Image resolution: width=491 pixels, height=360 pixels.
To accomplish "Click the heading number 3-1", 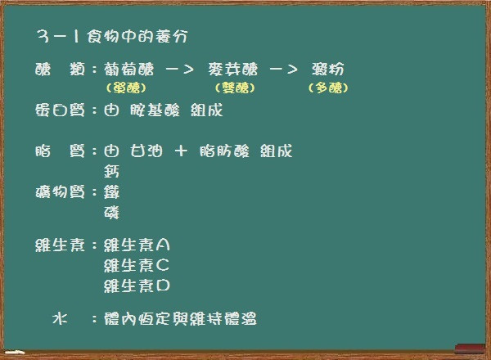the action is pos(57,36).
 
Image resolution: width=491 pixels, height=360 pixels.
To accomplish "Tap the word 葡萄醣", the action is pos(129,70).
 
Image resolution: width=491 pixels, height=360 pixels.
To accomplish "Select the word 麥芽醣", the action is pos(233,70).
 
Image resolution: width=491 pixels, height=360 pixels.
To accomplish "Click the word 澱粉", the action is pos(328,70).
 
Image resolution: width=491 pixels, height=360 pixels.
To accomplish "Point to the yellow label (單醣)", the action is pos(126,88).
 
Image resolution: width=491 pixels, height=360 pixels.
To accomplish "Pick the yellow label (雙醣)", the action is pos(235,88).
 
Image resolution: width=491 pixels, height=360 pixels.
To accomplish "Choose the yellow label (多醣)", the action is pos(328,88).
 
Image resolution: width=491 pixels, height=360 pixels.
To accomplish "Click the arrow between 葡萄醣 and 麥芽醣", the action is pos(179,70).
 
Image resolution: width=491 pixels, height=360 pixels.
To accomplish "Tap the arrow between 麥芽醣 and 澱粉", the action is pos(283,70).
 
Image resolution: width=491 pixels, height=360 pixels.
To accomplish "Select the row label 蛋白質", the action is pos(60,110).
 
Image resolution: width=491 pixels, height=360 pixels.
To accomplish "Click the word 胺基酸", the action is pos(155,110).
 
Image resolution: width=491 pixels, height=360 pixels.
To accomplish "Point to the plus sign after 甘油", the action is pos(181,151).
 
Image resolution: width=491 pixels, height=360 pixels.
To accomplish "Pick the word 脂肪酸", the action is pos(224,151).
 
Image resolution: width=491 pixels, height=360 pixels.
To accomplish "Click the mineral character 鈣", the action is pos(111,172).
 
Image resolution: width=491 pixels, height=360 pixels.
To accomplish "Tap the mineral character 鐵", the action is pos(111,192).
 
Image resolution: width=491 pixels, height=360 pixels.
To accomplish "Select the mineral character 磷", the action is pos(111,213).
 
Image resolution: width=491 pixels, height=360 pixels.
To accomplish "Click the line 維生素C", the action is pos(137,265).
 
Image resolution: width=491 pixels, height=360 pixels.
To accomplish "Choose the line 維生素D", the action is pos(137,286).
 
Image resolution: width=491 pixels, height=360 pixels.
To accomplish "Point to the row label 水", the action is pos(60,318).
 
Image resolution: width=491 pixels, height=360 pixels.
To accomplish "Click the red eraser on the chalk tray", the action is pos(470,349).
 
